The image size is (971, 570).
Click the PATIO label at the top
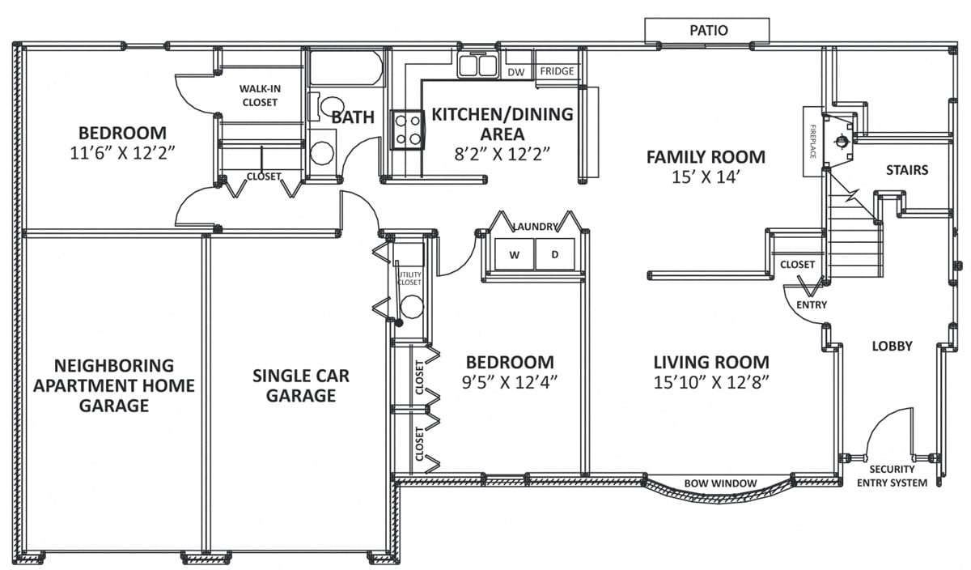[x=708, y=31]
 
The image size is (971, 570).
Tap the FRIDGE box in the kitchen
[x=557, y=71]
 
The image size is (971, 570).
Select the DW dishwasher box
[x=515, y=72]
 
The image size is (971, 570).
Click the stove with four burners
[x=407, y=130]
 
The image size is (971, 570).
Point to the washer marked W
[x=514, y=255]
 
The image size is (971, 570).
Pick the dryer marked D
[x=555, y=255]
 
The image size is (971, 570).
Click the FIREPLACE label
[x=812, y=142]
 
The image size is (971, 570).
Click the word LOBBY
[x=892, y=347]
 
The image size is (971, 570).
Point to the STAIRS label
[x=906, y=170]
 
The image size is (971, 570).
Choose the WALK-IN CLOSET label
[x=259, y=96]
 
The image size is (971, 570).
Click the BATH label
[x=353, y=117]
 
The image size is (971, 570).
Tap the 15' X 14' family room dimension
[x=705, y=178]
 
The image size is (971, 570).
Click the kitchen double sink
[x=477, y=65]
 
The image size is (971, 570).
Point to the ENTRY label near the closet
[x=812, y=304]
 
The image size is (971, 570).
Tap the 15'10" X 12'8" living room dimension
[x=711, y=383]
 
